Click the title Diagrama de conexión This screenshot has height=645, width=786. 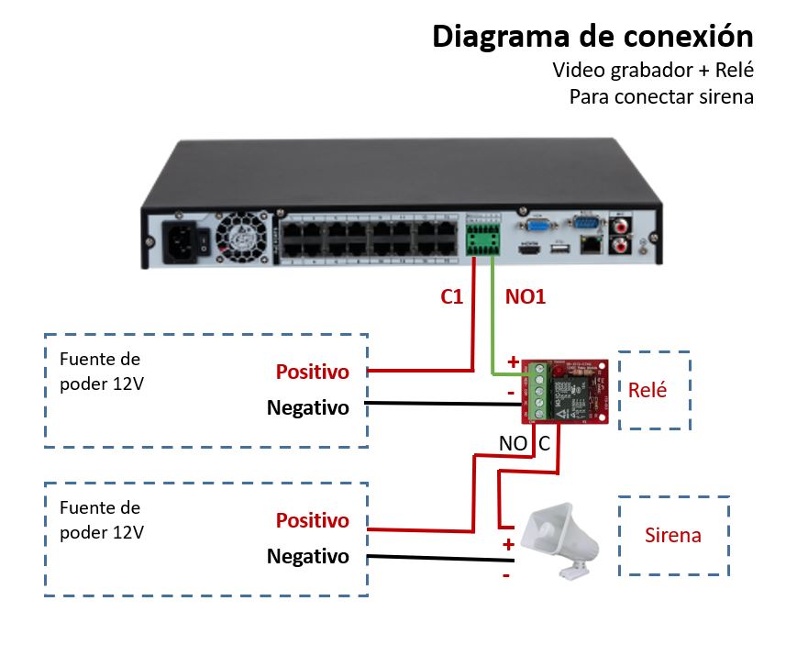[x=592, y=36]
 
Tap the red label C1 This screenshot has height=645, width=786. [x=452, y=297]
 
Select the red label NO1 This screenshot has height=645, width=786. [x=526, y=297]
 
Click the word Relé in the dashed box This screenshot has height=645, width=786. [x=647, y=389]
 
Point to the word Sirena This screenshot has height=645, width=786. [x=672, y=535]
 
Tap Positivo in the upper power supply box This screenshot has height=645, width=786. [x=313, y=373]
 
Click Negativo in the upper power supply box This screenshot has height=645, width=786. [x=308, y=407]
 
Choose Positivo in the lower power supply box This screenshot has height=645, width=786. [x=313, y=520]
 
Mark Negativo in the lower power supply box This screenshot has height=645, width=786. [x=308, y=556]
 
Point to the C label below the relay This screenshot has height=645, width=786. [x=544, y=444]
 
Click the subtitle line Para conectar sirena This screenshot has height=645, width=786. [x=660, y=96]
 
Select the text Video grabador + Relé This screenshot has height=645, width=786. [x=653, y=70]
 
